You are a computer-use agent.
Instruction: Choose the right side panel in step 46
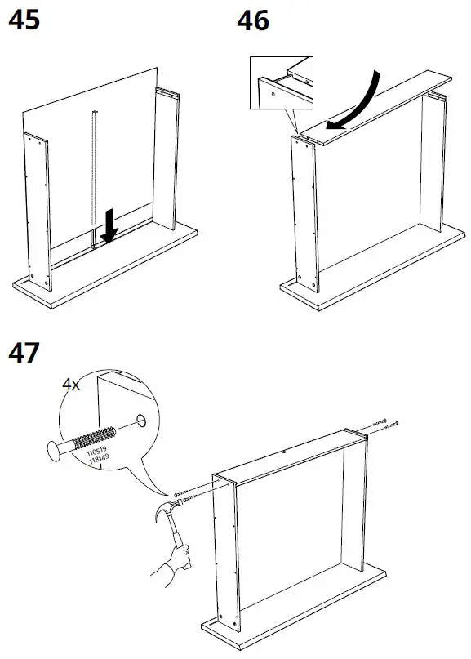pyautogui.click(x=433, y=163)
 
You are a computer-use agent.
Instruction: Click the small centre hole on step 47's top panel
pyautogui.click(x=282, y=452)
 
